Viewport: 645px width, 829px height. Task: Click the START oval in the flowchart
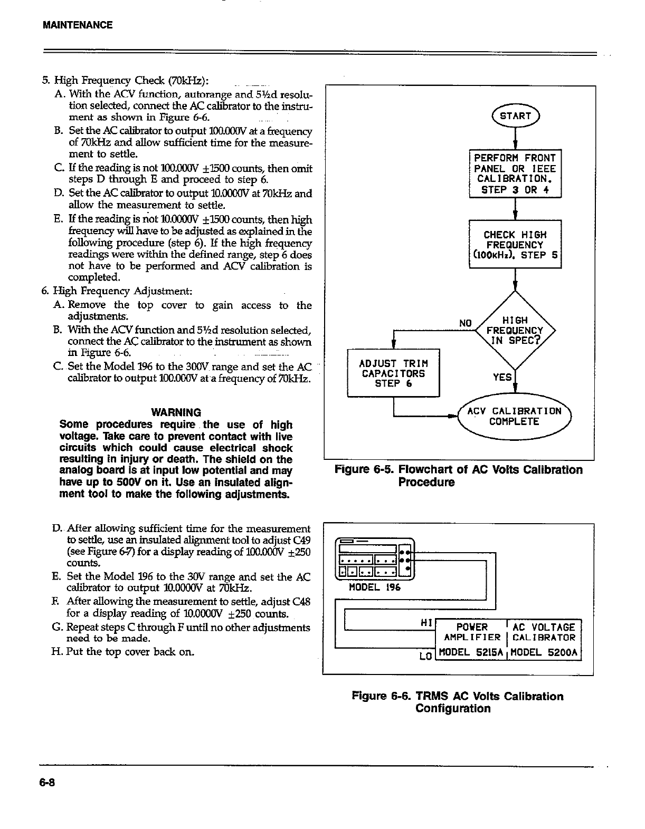[x=515, y=116]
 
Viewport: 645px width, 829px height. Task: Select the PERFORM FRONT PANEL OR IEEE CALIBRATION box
[x=515, y=174]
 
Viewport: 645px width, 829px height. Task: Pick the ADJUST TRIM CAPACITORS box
[x=393, y=373]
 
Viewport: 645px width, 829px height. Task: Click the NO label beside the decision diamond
[x=464, y=323]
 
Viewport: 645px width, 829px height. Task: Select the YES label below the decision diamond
[x=502, y=377]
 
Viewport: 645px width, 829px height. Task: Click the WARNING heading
[x=176, y=412]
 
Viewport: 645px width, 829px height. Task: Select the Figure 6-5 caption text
[x=458, y=476]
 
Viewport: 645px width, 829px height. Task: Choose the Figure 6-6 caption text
[x=458, y=702]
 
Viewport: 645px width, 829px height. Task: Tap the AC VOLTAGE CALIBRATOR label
[x=544, y=632]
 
